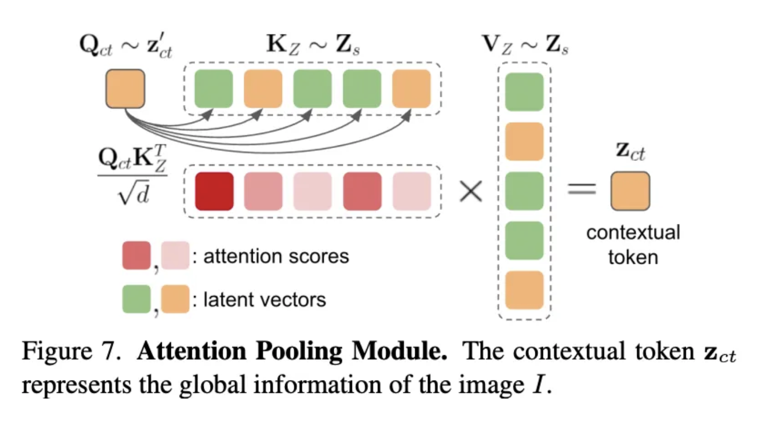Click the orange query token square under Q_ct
tap(125, 88)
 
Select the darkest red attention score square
tap(213, 191)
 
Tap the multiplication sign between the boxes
tap(470, 191)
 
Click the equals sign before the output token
tap(582, 189)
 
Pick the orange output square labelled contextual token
tap(630, 191)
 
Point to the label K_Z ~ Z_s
tap(313, 47)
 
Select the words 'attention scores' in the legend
tap(276, 256)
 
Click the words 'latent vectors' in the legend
tap(264, 299)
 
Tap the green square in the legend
tap(136, 299)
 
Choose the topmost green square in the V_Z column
tap(524, 92)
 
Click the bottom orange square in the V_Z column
tap(524, 290)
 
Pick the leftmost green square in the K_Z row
tap(213, 88)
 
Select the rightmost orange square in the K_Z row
tap(411, 88)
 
